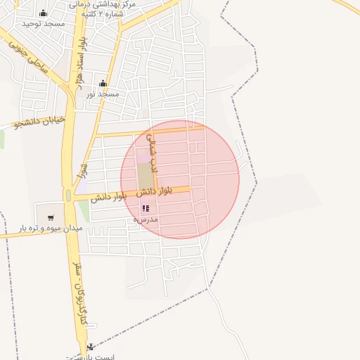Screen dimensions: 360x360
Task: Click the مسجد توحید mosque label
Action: pos(44,24)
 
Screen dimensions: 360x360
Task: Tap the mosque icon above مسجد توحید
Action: pos(44,13)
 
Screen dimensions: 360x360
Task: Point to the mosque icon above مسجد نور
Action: pos(103,83)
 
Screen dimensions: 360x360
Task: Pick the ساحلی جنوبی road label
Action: pos(27,56)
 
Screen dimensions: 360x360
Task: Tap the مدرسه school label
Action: pos(146,219)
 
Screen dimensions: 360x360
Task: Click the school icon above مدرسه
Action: pos(146,209)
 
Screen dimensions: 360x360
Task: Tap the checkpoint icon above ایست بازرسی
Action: pos(90,347)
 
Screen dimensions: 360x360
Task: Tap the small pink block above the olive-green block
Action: pos(143,157)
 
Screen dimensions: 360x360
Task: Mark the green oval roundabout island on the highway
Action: pos(67,195)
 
